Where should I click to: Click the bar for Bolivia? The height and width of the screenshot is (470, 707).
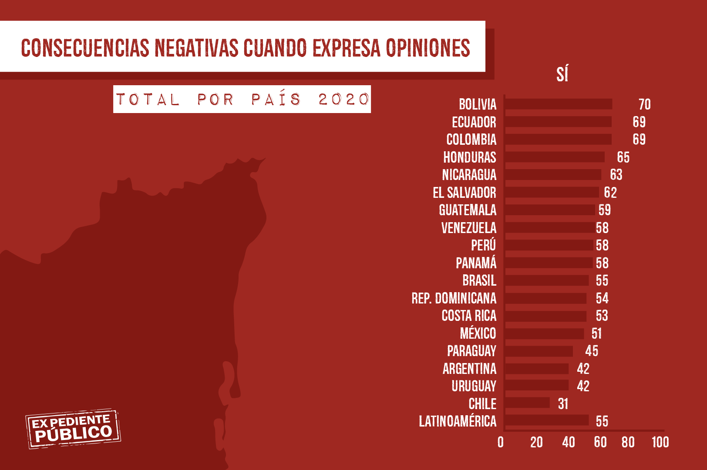click(x=559, y=104)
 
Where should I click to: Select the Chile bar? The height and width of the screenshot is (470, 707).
click(x=527, y=403)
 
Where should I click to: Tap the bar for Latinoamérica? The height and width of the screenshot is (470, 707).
click(x=547, y=420)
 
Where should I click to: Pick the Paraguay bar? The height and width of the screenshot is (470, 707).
click(x=539, y=351)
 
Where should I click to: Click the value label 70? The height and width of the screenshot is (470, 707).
click(x=644, y=104)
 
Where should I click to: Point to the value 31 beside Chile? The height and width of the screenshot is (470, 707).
click(x=563, y=404)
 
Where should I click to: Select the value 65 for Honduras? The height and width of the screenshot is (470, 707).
click(x=623, y=157)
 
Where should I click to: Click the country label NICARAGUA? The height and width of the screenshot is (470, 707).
click(x=469, y=175)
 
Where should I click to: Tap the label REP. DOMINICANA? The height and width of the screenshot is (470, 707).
click(x=454, y=298)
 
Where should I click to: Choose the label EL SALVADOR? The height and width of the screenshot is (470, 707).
click(x=464, y=193)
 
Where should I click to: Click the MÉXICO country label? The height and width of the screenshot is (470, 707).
click(x=478, y=333)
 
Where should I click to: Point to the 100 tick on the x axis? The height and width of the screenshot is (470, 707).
click(x=660, y=443)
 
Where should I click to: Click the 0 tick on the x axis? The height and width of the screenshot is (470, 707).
click(x=501, y=443)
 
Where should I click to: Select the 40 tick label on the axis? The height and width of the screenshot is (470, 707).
click(x=568, y=443)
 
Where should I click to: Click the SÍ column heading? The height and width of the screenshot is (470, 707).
click(x=562, y=74)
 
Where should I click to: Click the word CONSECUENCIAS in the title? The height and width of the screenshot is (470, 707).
click(x=85, y=48)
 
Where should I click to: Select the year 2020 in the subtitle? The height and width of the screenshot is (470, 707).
click(x=343, y=100)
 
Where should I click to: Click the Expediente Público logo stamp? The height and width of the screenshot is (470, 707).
click(x=73, y=428)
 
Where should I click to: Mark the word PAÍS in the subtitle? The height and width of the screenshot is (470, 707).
click(x=276, y=100)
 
